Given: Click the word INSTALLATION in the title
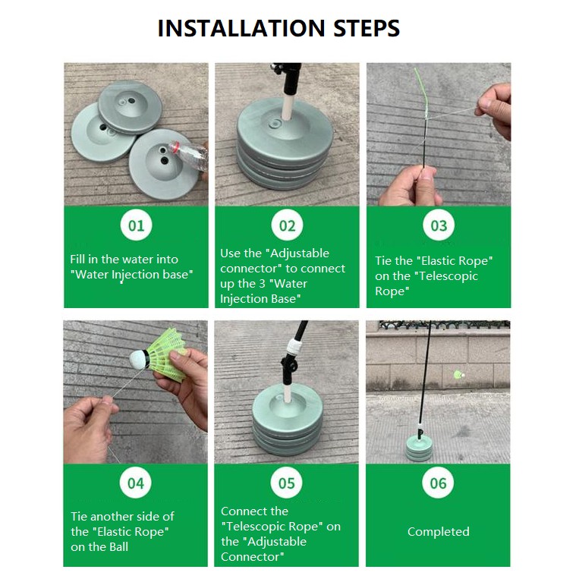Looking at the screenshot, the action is point(241,28).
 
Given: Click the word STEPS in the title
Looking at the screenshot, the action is point(367,28).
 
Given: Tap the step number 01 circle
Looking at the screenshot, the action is point(136,225).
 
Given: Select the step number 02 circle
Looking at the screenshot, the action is point(287,225).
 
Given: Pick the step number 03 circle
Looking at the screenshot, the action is point(439,225).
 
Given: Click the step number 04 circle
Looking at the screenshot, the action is point(136,483).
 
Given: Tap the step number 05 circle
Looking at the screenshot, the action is point(287,483).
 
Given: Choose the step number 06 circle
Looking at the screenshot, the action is point(438,483).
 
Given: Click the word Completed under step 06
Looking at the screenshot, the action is point(439,531).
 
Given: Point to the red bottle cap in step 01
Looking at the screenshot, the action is point(175,146).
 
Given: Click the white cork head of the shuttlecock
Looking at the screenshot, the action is point(138,360).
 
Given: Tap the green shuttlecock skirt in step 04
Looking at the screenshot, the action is point(167,354).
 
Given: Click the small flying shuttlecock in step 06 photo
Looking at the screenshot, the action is point(458,375).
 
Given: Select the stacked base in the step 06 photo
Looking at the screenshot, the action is point(419,448).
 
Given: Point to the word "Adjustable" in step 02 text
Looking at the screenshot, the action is point(299,253).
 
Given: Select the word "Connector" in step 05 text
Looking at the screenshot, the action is point(253,556).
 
